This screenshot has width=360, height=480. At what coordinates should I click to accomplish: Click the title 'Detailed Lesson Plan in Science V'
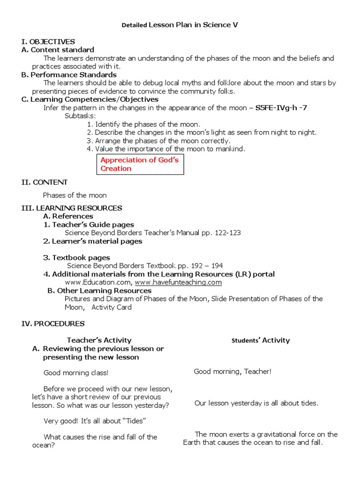[x=180, y=25]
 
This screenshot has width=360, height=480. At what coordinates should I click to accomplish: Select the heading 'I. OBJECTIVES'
[x=48, y=42]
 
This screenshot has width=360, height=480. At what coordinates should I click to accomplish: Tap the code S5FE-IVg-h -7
[x=281, y=108]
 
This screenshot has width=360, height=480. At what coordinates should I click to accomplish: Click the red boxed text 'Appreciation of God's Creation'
[x=140, y=164]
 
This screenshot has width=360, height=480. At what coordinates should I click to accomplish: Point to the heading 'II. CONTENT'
[x=45, y=182]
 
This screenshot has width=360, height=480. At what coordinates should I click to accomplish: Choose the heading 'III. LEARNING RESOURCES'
[x=72, y=208]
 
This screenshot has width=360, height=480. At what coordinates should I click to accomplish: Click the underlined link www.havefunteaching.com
[x=178, y=282]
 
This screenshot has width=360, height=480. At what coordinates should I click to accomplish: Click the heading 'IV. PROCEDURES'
[x=53, y=323]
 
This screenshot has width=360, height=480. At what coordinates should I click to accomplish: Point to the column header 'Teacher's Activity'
[x=99, y=340]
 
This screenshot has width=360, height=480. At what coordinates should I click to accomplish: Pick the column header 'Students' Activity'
[x=261, y=340]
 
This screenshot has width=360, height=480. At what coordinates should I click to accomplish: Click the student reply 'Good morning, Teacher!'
[x=232, y=372]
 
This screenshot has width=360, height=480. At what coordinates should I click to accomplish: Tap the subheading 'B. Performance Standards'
[x=69, y=75]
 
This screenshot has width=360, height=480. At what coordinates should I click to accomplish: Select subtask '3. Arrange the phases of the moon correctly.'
[x=158, y=141]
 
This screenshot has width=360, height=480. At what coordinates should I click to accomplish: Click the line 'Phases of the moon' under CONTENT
[x=75, y=195]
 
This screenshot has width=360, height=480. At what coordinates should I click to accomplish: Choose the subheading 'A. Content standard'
[x=58, y=50]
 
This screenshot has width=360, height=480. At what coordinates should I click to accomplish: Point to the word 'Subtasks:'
[x=80, y=116]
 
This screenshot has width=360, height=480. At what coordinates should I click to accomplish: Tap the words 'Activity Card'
[x=112, y=307]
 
